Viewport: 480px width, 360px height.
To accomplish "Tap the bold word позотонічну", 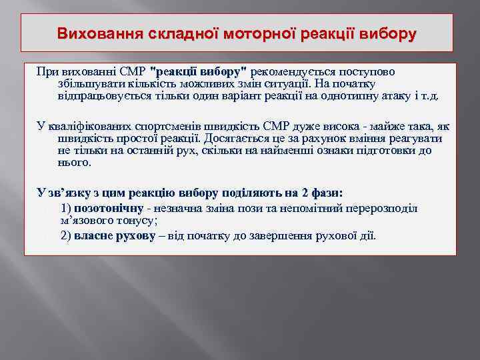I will click(110, 208).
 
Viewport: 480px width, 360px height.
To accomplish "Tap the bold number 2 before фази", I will click(304, 193).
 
